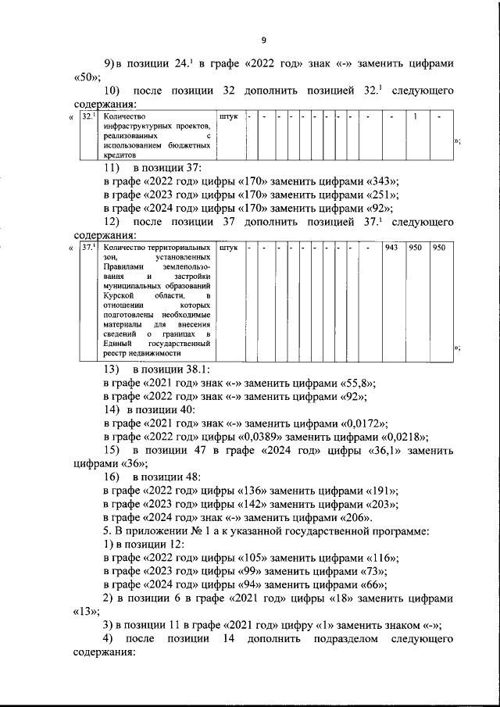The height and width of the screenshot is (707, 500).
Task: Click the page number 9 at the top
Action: click(264, 41)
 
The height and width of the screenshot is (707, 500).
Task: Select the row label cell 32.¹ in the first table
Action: click(87, 117)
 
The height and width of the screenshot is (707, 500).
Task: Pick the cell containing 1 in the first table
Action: click(416, 117)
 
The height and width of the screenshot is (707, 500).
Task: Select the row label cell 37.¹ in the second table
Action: click(87, 248)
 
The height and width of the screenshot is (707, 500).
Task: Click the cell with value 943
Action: click(392, 248)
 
